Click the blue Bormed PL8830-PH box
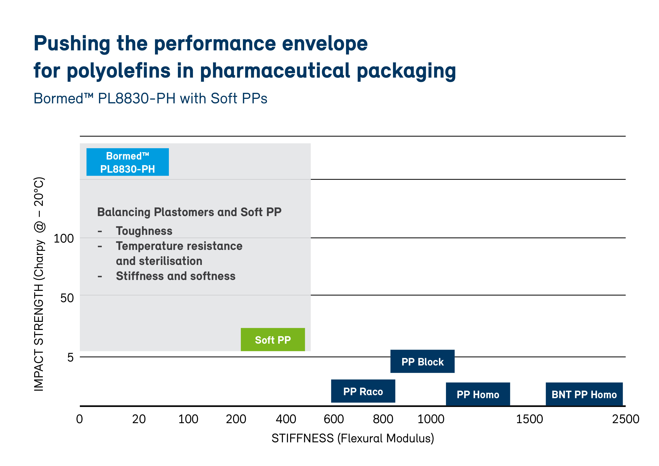[127, 162]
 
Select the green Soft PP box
[273, 340]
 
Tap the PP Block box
[422, 362]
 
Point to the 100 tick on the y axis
[64, 238]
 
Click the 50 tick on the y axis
[67, 298]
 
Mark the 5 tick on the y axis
[70, 357]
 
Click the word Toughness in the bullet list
[144, 231]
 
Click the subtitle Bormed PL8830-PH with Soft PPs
[150, 98]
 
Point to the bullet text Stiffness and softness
[176, 276]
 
